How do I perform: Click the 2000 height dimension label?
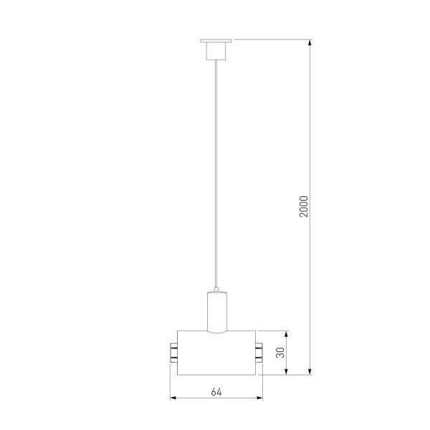tap(304, 206)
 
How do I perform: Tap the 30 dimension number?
tap(280, 352)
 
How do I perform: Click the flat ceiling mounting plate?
tap(216, 40)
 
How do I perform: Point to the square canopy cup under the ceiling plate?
tap(216, 51)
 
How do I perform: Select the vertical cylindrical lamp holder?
tap(216, 310)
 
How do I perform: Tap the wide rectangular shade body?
tap(216, 352)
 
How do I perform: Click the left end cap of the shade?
tap(173, 352)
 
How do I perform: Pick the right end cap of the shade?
tap(258, 352)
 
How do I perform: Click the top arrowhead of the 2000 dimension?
tap(310, 43)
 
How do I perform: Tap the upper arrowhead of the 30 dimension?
tap(287, 335)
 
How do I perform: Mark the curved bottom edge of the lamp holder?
tap(216, 332)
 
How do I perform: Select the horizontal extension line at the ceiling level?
tap(272, 39)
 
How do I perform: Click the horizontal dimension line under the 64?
tap(216, 398)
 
